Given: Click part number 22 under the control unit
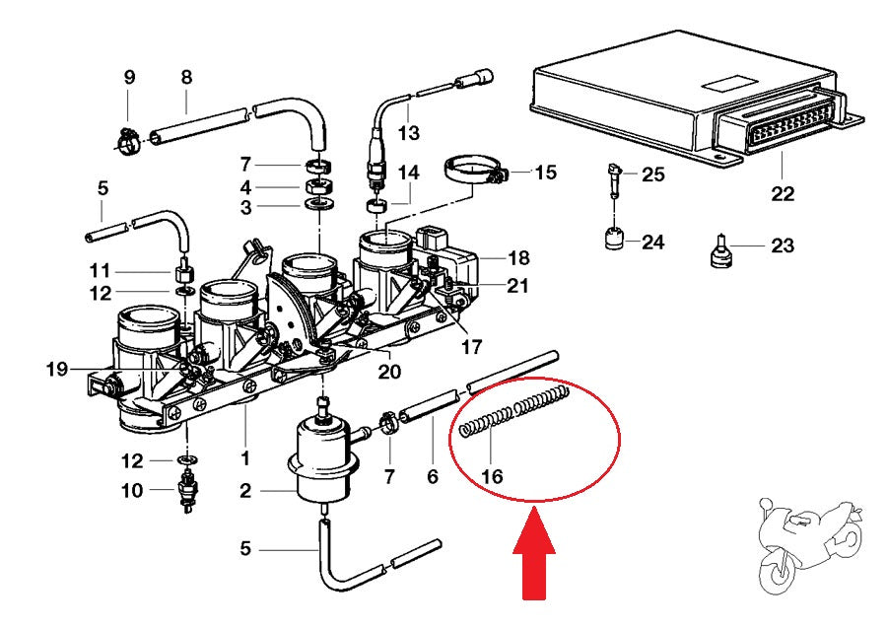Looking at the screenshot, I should [783, 193].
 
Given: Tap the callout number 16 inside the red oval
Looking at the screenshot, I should [491, 477].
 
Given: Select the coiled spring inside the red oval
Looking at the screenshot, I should [515, 413].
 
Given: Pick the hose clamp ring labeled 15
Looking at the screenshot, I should [471, 170].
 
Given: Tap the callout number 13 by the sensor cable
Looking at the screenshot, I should [408, 132].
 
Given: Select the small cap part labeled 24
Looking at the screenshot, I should [615, 240].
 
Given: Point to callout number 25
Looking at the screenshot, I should [653, 174].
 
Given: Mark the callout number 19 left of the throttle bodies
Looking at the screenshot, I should [57, 370].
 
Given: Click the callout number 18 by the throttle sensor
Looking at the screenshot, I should [518, 258].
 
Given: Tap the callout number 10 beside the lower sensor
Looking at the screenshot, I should [131, 490].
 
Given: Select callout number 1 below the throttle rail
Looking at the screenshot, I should [244, 458].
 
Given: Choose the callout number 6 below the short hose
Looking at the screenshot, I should [432, 477].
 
